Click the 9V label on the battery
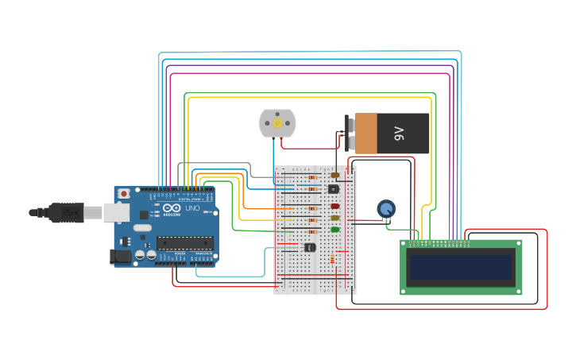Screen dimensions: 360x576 (x=400, y=134)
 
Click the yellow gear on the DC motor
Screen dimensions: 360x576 (x=277, y=123)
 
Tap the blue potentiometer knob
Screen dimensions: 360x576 (x=386, y=209)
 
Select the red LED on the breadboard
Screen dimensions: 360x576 (x=334, y=206)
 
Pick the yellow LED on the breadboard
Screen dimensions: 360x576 (x=334, y=218)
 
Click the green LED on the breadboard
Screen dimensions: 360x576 (x=334, y=230)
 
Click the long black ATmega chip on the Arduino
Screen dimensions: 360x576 (x=184, y=243)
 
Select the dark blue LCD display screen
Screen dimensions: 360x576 (x=460, y=267)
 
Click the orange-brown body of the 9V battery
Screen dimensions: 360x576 (x=366, y=134)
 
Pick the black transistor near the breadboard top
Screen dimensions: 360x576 (x=333, y=188)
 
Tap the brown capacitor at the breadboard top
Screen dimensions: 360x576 (x=334, y=175)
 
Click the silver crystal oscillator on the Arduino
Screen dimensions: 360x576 (x=142, y=227)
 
